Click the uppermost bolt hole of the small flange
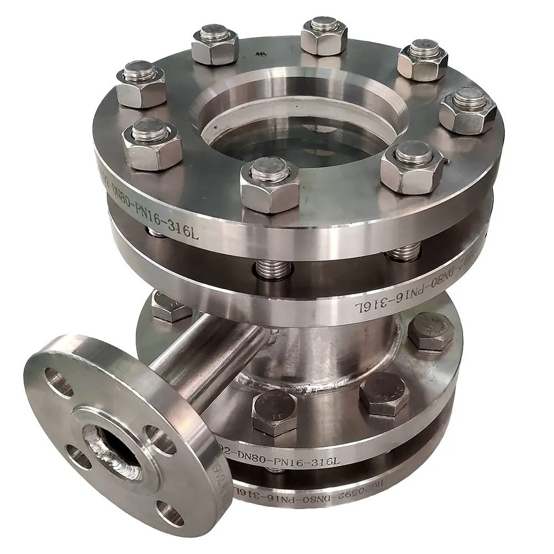tap(58, 382)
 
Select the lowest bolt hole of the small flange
tap(168, 513)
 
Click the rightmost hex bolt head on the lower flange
tap(431, 331)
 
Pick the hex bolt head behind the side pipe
tap(171, 306)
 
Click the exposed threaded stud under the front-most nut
tap(273, 269)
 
